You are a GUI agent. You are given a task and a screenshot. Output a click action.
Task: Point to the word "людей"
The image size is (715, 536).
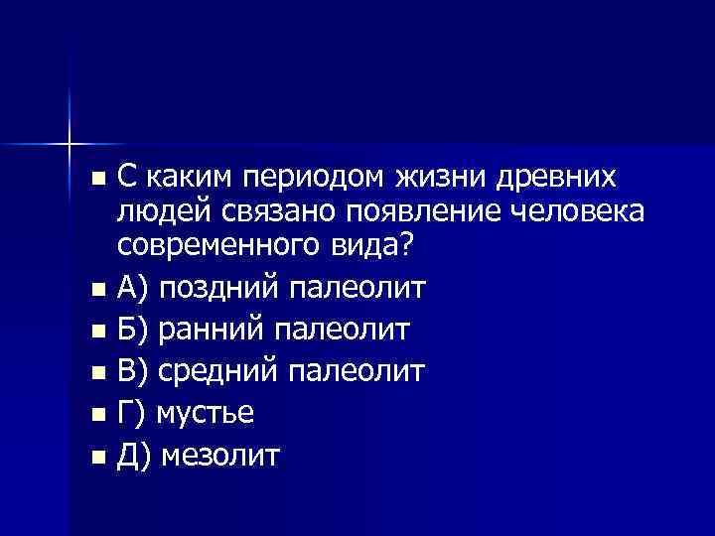tap(159, 211)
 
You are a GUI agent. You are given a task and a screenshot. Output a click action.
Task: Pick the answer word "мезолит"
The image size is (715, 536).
tap(220, 456)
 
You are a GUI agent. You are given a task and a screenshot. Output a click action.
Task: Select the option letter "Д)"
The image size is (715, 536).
tap(134, 456)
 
